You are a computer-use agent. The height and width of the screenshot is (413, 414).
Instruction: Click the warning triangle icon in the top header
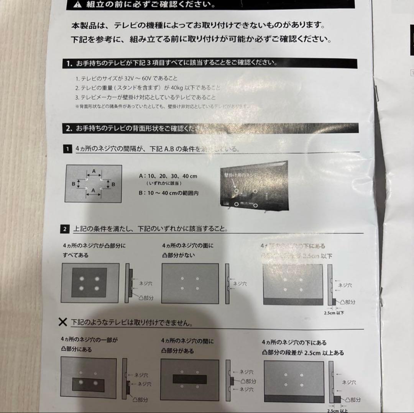pyautogui.click(x=78, y=5)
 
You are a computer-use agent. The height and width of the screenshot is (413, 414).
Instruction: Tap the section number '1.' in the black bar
pyautogui.click(x=69, y=64)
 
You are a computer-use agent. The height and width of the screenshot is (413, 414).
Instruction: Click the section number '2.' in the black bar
pyautogui.click(x=69, y=129)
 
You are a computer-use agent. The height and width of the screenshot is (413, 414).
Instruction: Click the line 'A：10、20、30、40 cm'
pyautogui.click(x=168, y=176)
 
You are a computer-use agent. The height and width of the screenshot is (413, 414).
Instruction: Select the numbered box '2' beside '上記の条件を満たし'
pyautogui.click(x=64, y=229)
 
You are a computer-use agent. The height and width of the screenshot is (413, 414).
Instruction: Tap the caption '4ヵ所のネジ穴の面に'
pyautogui.click(x=188, y=245)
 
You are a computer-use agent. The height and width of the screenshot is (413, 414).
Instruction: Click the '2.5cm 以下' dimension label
pyautogui.click(x=333, y=313)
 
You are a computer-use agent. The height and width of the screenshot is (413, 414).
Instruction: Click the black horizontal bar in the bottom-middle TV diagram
pyautogui.click(x=189, y=379)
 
